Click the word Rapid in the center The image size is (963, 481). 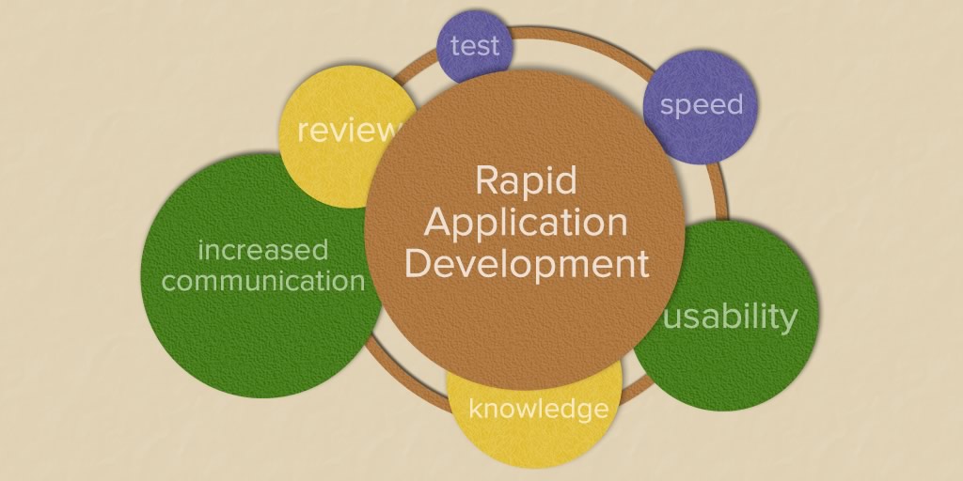tap(527, 180)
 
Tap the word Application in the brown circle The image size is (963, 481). tap(526, 224)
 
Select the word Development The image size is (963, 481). tap(527, 264)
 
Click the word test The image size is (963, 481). tap(474, 46)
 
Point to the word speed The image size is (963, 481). tap(702, 105)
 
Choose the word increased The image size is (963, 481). tap(263, 250)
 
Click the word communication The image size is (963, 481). tap(263, 280)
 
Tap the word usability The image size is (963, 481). tap(731, 317)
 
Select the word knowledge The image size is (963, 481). tap(539, 409)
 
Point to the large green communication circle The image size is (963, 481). tap(261, 275)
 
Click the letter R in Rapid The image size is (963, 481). tap(487, 180)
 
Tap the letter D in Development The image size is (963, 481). tap(418, 263)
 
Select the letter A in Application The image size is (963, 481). tap(436, 222)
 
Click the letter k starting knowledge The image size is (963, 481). tap(476, 407)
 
